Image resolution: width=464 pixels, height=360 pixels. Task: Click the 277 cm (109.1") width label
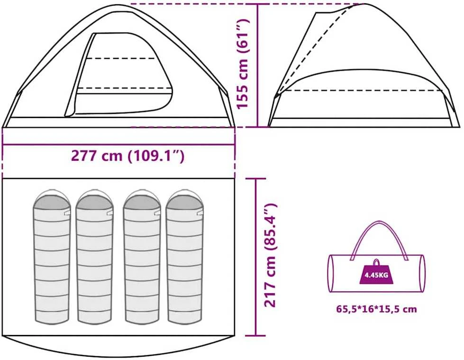pyautogui.click(x=127, y=156)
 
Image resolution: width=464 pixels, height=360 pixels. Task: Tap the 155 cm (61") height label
pyautogui.click(x=243, y=64)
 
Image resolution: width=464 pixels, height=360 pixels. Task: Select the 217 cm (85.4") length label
pyautogui.click(x=270, y=255)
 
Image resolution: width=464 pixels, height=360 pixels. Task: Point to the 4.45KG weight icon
pyautogui.click(x=376, y=272)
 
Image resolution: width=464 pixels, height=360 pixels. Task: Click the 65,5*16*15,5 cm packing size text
pyautogui.click(x=376, y=309)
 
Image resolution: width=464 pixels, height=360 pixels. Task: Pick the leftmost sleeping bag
pyautogui.click(x=52, y=257)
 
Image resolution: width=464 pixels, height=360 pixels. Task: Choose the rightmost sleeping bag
pyautogui.click(x=185, y=257)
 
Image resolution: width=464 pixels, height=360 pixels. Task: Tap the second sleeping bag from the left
pyautogui.click(x=95, y=257)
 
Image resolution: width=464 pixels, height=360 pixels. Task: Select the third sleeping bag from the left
pyautogui.click(x=143, y=257)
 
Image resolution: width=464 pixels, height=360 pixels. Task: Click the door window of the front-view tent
pyautogui.click(x=118, y=74)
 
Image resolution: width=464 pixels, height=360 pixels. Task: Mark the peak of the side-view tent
pyautogui.click(x=365, y=4)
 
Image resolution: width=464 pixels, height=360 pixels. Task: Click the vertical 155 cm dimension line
pyautogui.click(x=258, y=65)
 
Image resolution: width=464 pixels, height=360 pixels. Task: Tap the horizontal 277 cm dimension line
pyautogui.click(x=118, y=145)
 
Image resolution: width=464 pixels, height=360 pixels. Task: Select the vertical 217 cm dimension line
pyautogui.click(x=256, y=257)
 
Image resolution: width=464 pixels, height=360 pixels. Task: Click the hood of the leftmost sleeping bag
pyautogui.click(x=52, y=199)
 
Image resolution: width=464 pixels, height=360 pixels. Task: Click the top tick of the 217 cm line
pyautogui.click(x=256, y=179)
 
